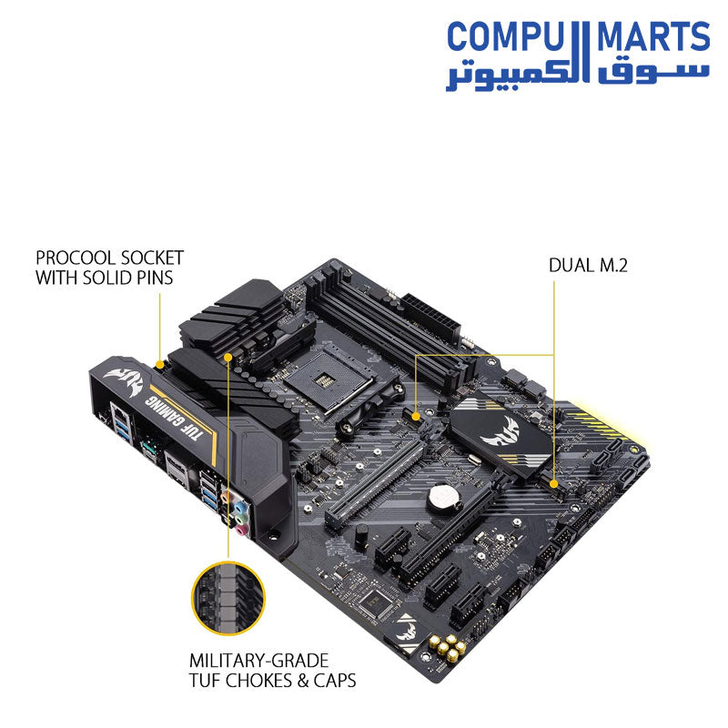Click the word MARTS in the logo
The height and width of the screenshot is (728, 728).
653,36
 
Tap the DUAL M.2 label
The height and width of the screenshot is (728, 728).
588,265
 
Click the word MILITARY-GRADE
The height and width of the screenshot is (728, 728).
259,661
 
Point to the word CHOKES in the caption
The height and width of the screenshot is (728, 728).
259,680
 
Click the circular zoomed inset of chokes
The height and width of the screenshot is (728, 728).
228,598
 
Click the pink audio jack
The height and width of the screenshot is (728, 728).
240,530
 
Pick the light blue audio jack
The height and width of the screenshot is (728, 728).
239,505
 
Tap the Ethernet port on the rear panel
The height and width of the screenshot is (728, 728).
119,412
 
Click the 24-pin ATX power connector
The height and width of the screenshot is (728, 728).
431,317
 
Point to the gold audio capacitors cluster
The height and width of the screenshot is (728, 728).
447,647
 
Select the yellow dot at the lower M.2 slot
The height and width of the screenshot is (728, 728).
553,484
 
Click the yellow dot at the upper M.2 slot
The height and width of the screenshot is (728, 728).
416,416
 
